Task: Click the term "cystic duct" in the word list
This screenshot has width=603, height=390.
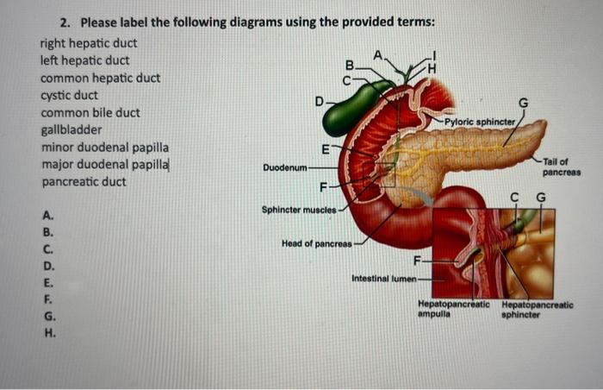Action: click(69, 95)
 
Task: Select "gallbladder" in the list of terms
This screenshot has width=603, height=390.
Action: click(71, 130)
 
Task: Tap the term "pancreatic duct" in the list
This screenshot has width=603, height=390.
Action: click(84, 182)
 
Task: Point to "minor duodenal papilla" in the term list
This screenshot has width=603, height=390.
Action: click(105, 148)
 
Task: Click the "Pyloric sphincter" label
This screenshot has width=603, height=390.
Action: click(480, 123)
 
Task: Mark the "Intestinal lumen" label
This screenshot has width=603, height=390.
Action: click(382, 280)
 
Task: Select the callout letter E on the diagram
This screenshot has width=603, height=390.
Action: click(325, 150)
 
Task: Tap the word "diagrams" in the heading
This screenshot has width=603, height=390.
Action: click(227, 22)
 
